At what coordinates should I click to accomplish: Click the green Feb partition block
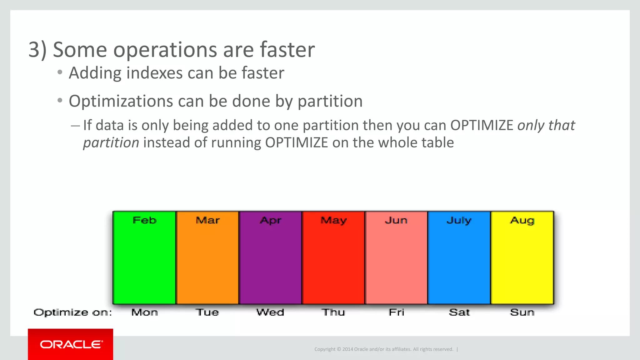point(144,258)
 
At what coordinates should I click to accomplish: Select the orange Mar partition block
point(207,258)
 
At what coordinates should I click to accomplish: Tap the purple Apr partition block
point(270,258)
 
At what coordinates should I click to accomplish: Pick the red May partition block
point(333,258)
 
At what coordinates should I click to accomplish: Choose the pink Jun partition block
point(396,258)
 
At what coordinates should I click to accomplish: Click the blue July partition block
point(459,258)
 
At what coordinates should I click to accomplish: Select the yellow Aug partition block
point(522,258)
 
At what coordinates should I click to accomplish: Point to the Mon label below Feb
point(144,312)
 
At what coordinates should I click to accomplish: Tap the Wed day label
point(270,312)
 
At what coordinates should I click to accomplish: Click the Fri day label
point(396,312)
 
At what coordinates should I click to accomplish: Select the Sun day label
point(522,312)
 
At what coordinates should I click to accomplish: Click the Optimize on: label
point(72,312)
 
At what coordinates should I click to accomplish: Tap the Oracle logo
point(71,344)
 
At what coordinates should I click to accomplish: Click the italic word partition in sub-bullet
point(111,143)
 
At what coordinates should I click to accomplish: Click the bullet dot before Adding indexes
point(60,72)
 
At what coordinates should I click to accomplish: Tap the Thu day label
point(333,312)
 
